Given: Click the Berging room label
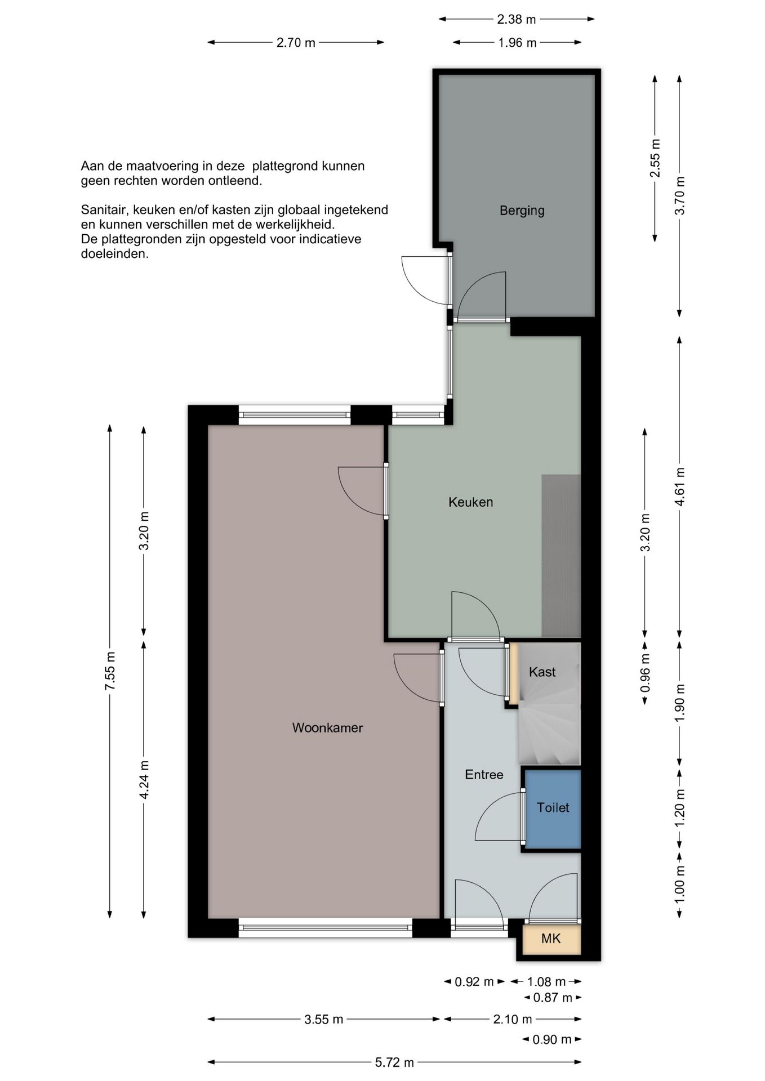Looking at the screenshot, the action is click(522, 211).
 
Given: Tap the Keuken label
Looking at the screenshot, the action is click(470, 502).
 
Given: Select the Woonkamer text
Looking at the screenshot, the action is click(327, 728).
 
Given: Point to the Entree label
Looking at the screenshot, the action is click(484, 775).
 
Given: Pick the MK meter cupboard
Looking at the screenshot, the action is click(551, 939).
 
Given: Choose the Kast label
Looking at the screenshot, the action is click(542, 672).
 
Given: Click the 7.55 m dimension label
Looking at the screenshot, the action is click(110, 671).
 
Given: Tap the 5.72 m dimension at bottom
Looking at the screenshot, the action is click(394, 1062).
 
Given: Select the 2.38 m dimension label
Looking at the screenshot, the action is click(516, 20).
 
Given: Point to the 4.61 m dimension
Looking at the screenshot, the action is click(680, 486).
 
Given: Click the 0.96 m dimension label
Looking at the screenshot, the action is click(646, 673).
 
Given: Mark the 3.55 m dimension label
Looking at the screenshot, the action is click(324, 1020).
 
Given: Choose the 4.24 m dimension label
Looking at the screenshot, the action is click(144, 780).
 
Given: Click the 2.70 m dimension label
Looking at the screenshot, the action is click(296, 43).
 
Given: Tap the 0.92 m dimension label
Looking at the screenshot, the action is click(474, 982).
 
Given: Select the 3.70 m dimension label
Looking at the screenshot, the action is click(680, 195).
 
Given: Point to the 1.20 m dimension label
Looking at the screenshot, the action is click(680, 808).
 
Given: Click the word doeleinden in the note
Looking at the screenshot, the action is click(115, 254).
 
